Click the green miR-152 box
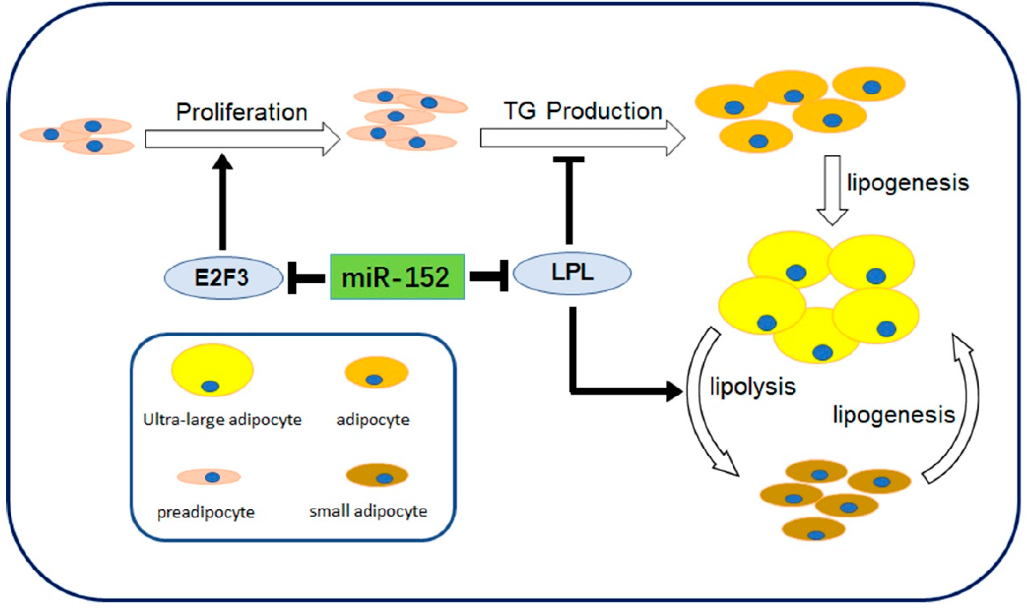coord(397,277)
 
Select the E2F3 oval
coord(223,278)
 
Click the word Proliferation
coord(242,112)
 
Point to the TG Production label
coord(583,111)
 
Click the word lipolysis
coord(753,387)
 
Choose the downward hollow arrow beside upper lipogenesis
coord(832,189)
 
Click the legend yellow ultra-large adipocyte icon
coord(212,370)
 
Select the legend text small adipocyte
coord(368,511)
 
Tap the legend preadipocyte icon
coord(209,477)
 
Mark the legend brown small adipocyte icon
coord(377,476)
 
